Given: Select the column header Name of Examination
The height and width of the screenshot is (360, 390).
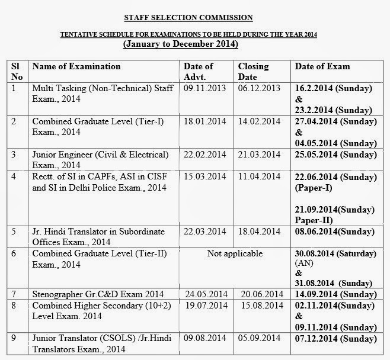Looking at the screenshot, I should [76, 66].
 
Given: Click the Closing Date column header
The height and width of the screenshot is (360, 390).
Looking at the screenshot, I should [253, 72].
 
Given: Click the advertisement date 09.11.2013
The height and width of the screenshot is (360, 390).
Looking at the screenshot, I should [204, 88].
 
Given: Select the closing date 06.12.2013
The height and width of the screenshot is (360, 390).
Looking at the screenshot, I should [259, 88].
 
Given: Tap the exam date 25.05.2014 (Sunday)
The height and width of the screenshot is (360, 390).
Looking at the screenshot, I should [334, 155].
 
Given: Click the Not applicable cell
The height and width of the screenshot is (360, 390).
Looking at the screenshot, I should [235, 253].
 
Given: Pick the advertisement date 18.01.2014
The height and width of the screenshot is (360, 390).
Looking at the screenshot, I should [204, 121].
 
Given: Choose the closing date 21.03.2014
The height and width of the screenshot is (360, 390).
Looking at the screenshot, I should [259, 155].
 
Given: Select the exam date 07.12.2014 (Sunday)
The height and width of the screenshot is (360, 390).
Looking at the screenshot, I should [334, 338].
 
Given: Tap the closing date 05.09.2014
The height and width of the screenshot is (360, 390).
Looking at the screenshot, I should [262, 338].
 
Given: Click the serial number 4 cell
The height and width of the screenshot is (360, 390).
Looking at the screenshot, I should [14, 176].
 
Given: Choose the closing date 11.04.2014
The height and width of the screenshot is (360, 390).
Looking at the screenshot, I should [259, 176].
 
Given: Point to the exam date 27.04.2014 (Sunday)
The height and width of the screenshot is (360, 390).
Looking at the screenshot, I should [334, 121].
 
